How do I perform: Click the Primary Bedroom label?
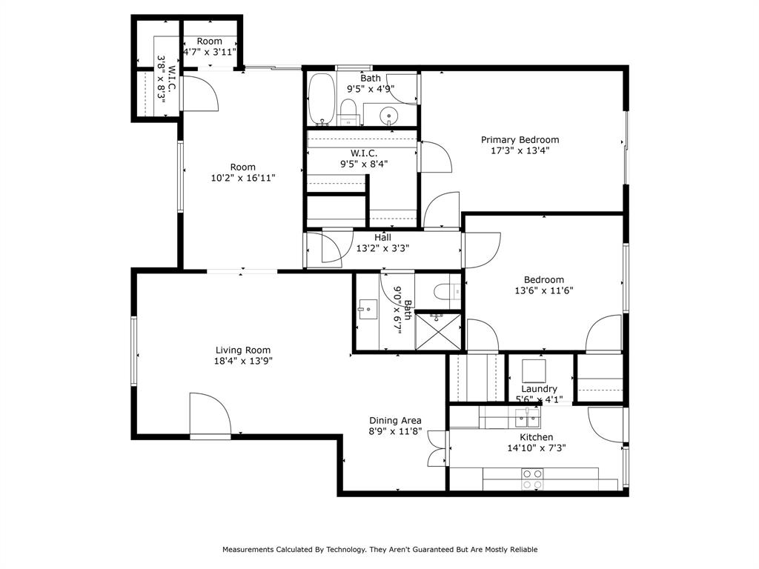(520, 140)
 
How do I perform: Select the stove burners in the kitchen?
(531, 479)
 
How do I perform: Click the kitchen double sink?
(527, 419)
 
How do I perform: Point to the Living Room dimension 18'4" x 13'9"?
(242, 362)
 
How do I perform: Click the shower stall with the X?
(439, 330)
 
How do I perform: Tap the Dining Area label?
(395, 420)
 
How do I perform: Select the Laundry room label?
(539, 389)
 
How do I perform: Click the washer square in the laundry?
(534, 370)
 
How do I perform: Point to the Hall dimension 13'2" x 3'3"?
(382, 248)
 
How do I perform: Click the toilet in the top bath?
(348, 113)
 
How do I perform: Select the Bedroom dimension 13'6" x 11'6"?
(543, 291)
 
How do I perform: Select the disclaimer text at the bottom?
(379, 550)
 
